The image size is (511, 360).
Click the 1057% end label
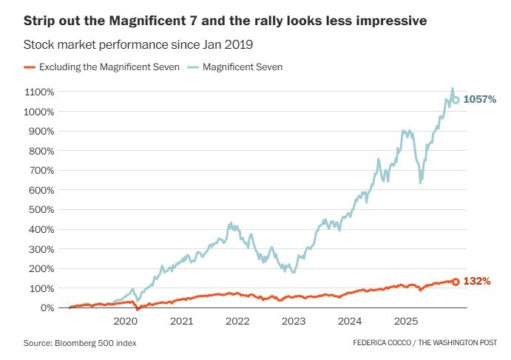pos(480,99)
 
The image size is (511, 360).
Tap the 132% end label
pos(477,281)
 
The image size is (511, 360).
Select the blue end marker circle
pos(456,100)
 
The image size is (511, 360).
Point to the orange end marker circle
pos(456,282)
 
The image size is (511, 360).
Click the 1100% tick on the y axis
pos(39,92)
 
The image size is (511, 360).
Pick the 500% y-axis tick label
pos(41,209)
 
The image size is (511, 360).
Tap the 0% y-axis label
pos(47,308)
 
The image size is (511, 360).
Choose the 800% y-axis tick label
pos(41,151)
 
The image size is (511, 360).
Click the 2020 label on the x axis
pos(126,322)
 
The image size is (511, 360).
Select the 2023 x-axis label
pos(294,322)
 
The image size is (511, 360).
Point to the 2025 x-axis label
pos(406,322)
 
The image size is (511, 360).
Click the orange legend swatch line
pos(30,67)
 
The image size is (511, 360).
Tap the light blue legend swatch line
pos(193,67)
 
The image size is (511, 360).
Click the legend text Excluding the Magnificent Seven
pos(109,67)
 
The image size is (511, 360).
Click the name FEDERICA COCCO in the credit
pos(382,343)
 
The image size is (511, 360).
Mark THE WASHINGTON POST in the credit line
pos(458,343)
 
